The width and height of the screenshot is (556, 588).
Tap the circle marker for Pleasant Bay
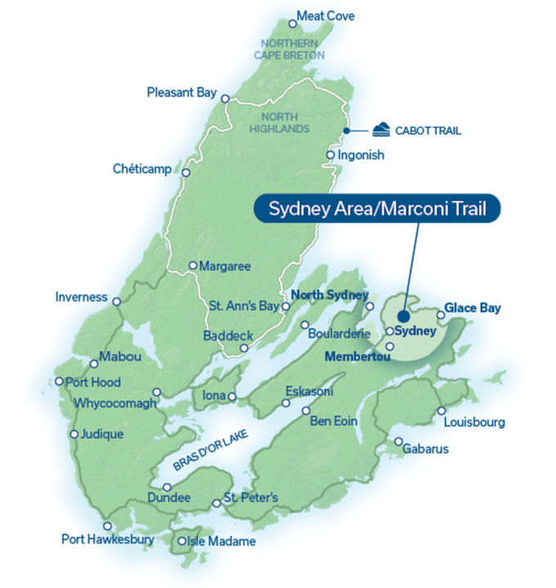coord(226,97)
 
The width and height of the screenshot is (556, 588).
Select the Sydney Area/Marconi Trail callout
coord(378,209)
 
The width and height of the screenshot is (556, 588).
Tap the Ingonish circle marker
coord(330,155)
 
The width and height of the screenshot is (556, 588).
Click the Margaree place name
coord(226,266)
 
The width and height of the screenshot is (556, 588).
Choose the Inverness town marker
coord(117,301)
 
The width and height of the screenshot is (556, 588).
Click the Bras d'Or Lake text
coord(210,449)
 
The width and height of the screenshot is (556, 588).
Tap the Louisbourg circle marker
coord(442,411)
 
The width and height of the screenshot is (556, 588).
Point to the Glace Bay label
coord(473,309)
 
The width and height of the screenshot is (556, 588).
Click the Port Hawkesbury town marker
coord(107,526)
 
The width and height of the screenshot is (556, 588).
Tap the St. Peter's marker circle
coord(217,503)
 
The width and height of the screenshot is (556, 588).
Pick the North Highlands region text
coord(280,122)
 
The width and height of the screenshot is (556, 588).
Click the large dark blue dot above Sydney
coord(404,316)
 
